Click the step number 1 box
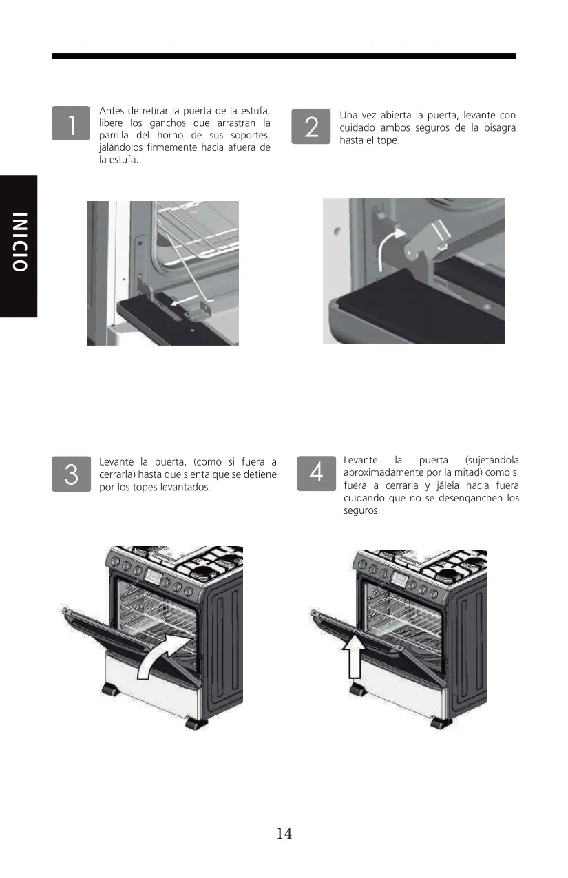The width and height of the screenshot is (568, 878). point(70,123)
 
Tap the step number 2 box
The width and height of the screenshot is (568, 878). point(311,127)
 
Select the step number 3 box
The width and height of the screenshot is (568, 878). point(71,474)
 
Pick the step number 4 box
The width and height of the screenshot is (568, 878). point(316,473)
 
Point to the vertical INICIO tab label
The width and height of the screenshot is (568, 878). point(19,242)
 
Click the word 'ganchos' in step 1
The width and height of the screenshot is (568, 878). point(168,123)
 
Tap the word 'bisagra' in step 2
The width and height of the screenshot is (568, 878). point(500,128)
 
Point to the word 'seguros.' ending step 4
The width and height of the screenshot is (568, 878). point(361,511)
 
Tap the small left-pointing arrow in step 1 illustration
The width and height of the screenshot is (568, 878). point(184,301)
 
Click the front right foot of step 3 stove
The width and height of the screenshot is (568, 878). point(196,723)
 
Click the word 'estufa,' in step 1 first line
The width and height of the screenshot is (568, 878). point(256,111)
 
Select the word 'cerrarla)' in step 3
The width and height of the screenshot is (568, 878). point(117,474)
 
